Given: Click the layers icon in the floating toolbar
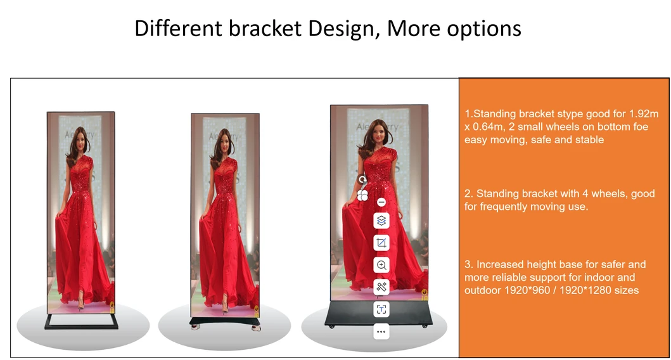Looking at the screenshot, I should click(x=381, y=221).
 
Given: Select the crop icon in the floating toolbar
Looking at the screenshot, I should click(x=381, y=243).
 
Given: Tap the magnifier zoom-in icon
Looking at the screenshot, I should click(x=381, y=265).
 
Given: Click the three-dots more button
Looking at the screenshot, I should click(x=381, y=331).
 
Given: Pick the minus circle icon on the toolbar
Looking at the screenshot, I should click(x=381, y=202).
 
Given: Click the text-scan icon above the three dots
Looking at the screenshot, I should click(x=381, y=309).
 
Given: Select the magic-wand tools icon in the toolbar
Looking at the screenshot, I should click(x=381, y=287).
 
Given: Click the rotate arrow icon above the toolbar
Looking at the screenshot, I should click(x=362, y=181).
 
